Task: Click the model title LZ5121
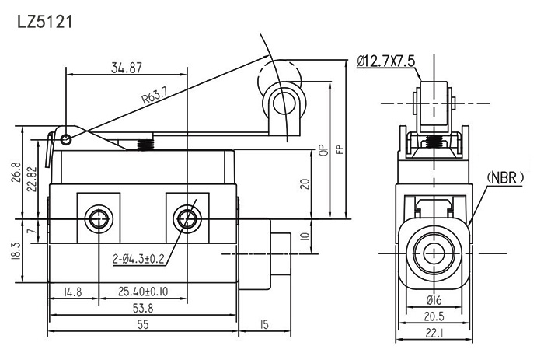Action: pos(44,22)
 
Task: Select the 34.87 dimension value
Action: pos(125,68)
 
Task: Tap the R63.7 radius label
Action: pos(155,96)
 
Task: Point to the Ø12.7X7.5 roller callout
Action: pos(387,61)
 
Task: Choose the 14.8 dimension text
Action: pos(72,293)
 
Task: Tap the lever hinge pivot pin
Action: pos(67,140)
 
